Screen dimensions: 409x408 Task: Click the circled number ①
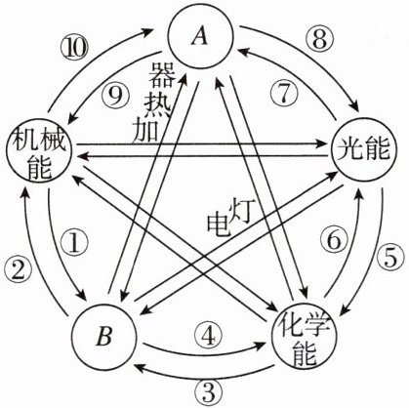pos(74,243)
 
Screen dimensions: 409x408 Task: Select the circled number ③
pos(209,391)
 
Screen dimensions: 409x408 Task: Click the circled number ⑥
pos(334,241)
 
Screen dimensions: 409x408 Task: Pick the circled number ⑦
pos(284,95)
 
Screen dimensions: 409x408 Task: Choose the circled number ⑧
pos(320,40)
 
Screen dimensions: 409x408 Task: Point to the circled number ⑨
pos(115,97)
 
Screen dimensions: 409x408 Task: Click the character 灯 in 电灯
pos(240,212)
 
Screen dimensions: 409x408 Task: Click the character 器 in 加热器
pos(162,75)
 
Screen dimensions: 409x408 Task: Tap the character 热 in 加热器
pos(156,104)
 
